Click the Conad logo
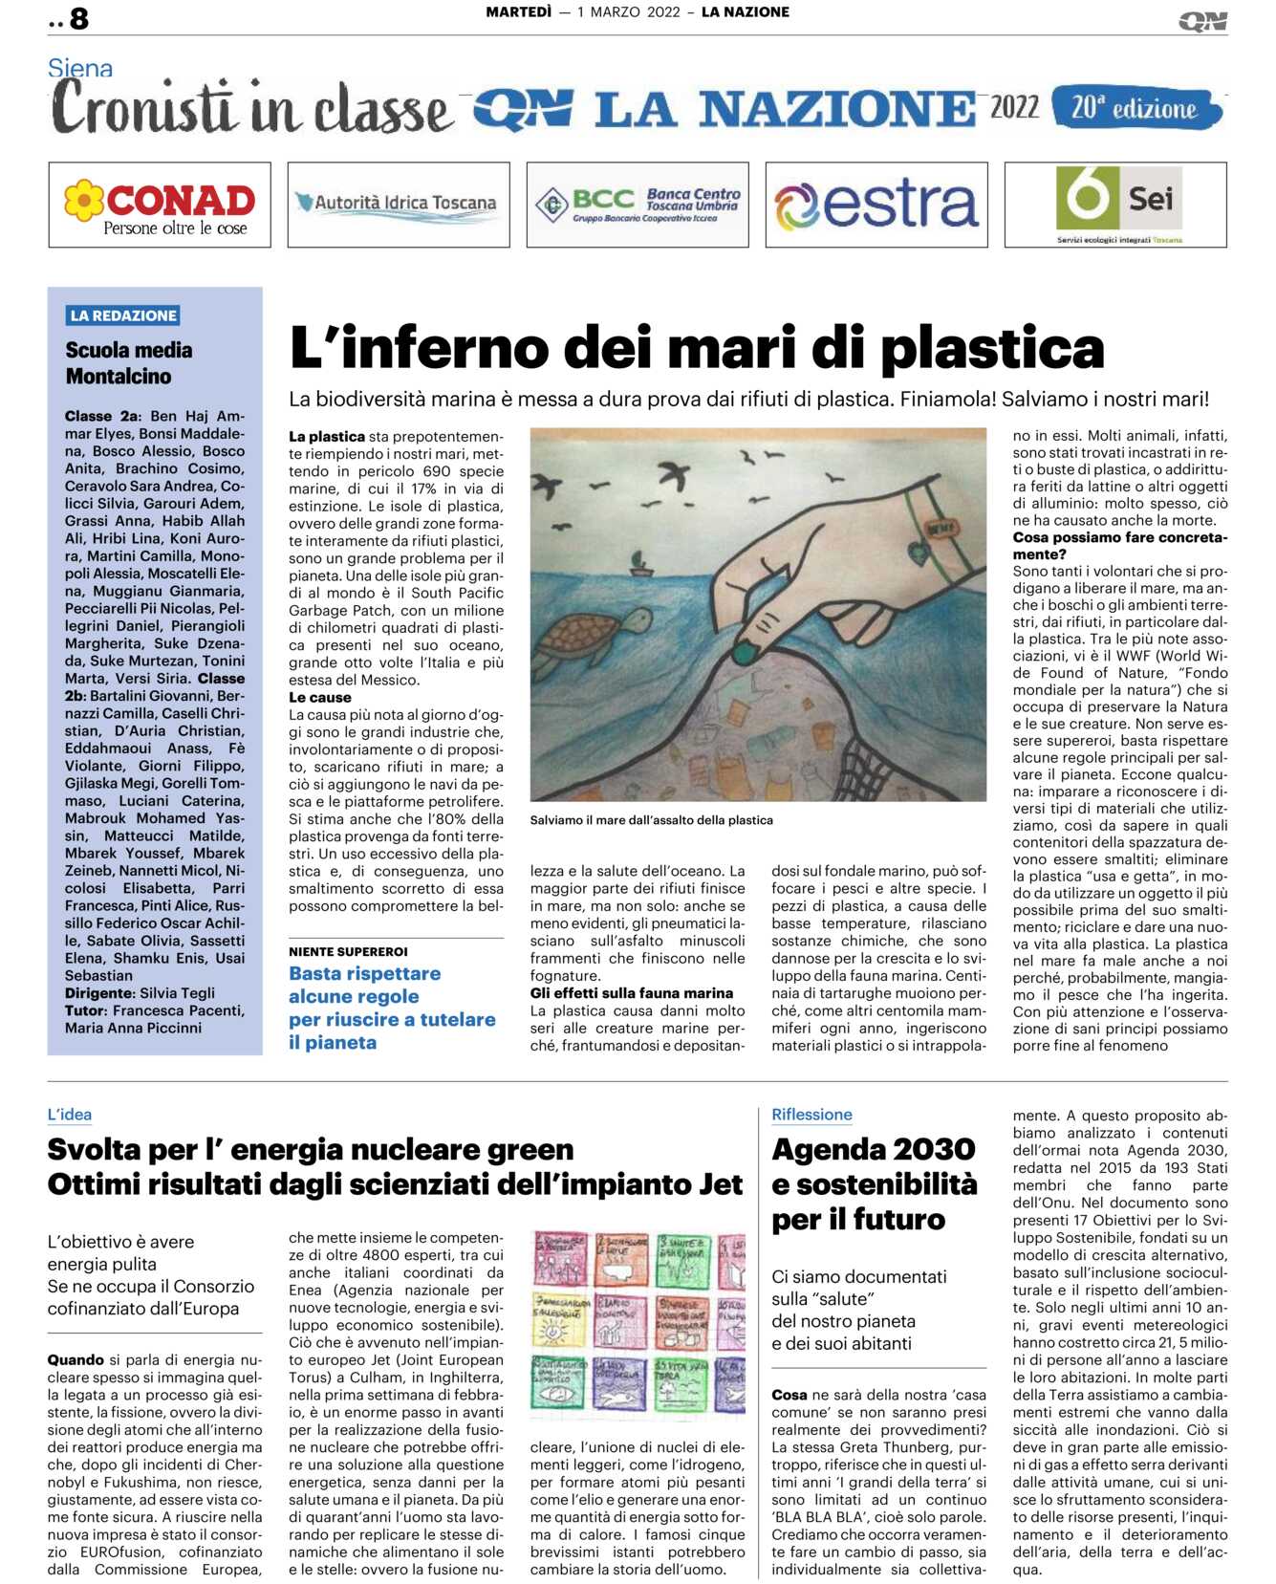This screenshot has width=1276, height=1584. (160, 205)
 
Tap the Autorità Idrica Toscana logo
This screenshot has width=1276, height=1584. (398, 204)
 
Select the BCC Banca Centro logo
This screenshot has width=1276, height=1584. (638, 204)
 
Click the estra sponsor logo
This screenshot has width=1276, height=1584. (876, 204)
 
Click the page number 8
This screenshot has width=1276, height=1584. (78, 18)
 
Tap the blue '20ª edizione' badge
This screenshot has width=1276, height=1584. (1135, 108)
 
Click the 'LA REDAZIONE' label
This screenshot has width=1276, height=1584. (123, 315)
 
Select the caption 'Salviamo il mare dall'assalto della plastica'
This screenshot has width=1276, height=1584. (651, 820)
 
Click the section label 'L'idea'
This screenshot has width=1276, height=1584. (70, 1115)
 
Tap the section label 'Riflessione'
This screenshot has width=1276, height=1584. (811, 1115)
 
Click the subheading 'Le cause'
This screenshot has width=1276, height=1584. (319, 698)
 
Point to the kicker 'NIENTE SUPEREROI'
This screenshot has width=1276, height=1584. (348, 952)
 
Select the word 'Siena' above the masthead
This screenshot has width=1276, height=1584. (80, 69)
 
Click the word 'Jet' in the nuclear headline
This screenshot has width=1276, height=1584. (719, 1185)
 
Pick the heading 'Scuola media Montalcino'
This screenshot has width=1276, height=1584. (128, 363)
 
